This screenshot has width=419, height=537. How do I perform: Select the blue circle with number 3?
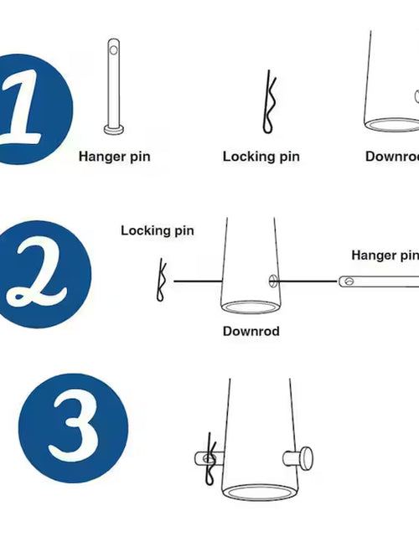[x=73, y=428]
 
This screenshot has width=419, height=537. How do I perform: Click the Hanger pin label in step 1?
[x=115, y=157]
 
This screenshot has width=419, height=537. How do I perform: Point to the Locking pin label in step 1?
[x=261, y=157]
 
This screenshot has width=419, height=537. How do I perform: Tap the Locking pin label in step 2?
[x=158, y=230]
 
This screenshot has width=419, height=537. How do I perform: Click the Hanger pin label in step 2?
[x=385, y=256]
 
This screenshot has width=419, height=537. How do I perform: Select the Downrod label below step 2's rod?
[x=251, y=331]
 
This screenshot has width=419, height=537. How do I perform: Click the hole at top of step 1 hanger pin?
[x=114, y=50]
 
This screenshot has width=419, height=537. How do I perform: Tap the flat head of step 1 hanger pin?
[x=114, y=130]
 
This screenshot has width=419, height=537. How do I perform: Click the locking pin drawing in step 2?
[x=161, y=280]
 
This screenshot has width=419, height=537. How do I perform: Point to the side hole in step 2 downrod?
[x=272, y=281]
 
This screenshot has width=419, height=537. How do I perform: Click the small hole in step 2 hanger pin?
[x=349, y=281]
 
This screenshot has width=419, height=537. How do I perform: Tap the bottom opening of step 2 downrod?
[x=251, y=307]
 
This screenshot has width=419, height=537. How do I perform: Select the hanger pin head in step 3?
[x=307, y=458]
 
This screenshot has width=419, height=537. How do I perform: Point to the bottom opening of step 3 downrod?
[x=260, y=493]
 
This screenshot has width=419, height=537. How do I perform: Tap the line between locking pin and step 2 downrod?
[x=198, y=281]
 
